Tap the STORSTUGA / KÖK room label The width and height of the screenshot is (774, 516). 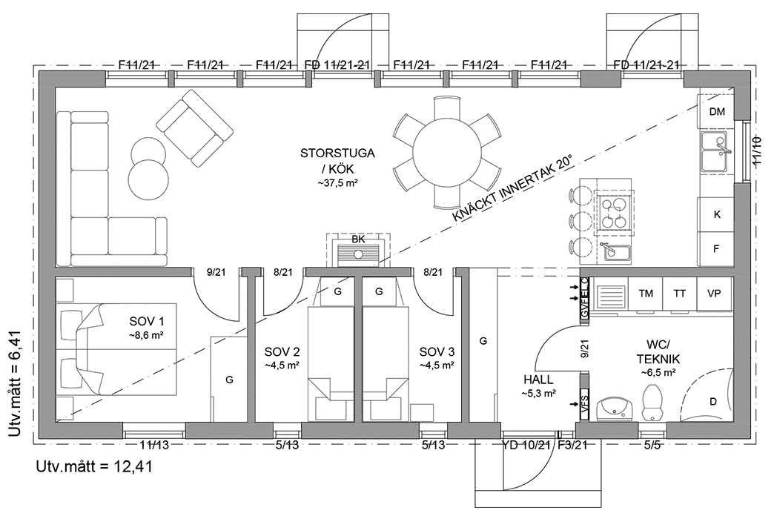(x=337, y=167)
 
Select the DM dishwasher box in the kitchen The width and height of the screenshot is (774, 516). (x=716, y=112)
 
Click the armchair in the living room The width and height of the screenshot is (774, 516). (x=192, y=127)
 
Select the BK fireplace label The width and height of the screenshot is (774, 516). (x=358, y=239)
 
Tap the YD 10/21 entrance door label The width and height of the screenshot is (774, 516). (x=526, y=446)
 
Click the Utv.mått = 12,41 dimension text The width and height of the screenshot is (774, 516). (x=94, y=467)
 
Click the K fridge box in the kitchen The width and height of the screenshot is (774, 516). (x=716, y=214)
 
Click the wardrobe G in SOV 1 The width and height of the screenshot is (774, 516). (x=229, y=380)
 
